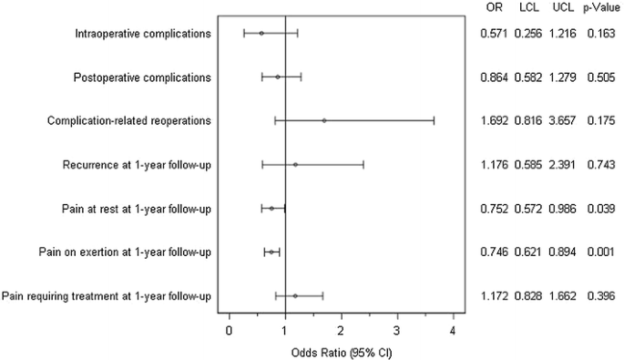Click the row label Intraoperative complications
point(142,34)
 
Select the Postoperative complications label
point(142,77)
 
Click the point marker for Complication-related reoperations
point(323,120)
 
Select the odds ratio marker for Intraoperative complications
point(261,33)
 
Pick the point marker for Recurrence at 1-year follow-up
point(295,165)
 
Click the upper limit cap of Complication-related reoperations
point(434,120)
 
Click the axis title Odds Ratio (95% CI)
point(340,351)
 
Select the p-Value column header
point(598,8)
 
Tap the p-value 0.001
point(599,252)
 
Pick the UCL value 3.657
point(562,121)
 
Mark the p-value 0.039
point(599,209)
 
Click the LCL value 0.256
point(528,34)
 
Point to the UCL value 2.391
point(562,165)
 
